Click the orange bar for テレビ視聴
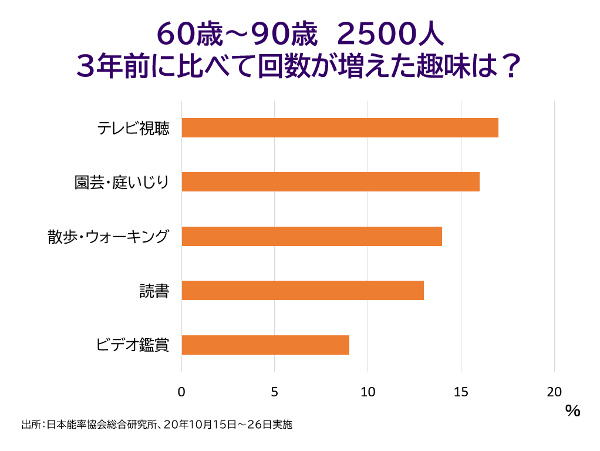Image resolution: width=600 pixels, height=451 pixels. [340, 127]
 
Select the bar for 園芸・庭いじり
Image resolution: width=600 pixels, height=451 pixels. [331, 182]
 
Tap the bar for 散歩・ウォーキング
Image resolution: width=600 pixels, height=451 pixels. [312, 236]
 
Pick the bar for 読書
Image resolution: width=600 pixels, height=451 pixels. [302, 290]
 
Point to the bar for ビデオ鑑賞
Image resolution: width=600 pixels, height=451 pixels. [265, 345]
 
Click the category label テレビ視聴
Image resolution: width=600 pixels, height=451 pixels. [133, 128]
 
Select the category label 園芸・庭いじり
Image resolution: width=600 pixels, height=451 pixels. [122, 182]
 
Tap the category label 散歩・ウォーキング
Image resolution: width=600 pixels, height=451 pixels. [109, 237]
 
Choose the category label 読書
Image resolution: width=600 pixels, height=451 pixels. [154, 291]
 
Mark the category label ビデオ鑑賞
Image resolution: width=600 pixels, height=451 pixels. [133, 345]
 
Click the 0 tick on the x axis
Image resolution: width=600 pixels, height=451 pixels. [181, 392]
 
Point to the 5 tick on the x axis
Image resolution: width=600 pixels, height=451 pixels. [275, 392]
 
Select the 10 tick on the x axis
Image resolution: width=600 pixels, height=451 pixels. [368, 392]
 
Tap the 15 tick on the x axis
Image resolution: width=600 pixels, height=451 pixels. [461, 392]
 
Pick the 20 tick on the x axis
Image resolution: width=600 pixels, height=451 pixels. [554, 392]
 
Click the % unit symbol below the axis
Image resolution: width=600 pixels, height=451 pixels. [572, 410]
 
